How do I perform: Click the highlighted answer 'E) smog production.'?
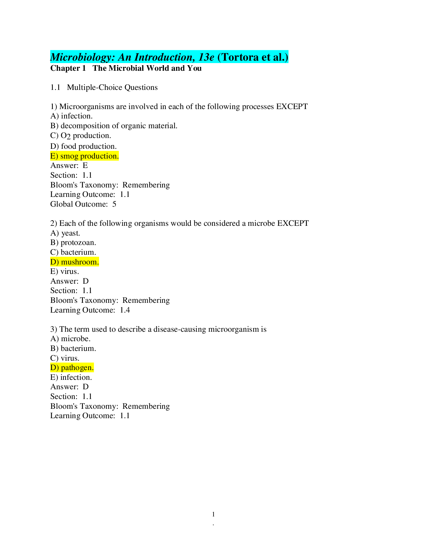point(84,156)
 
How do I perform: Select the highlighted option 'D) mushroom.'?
point(75,262)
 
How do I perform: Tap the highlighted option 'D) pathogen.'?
point(72,368)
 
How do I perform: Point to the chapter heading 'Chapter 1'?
point(68,68)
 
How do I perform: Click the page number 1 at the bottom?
point(213,514)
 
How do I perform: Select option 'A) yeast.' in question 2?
point(65,233)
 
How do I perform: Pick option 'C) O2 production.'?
point(81,136)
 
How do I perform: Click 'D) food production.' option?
point(83,146)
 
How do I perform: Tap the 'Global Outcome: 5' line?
point(83,204)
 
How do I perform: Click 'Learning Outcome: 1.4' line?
point(90,310)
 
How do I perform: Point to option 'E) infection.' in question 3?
point(71,377)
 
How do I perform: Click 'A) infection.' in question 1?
point(72,116)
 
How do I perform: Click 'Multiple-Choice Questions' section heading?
point(112,87)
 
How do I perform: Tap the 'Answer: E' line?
point(69,166)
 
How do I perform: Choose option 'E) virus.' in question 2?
point(65,271)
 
